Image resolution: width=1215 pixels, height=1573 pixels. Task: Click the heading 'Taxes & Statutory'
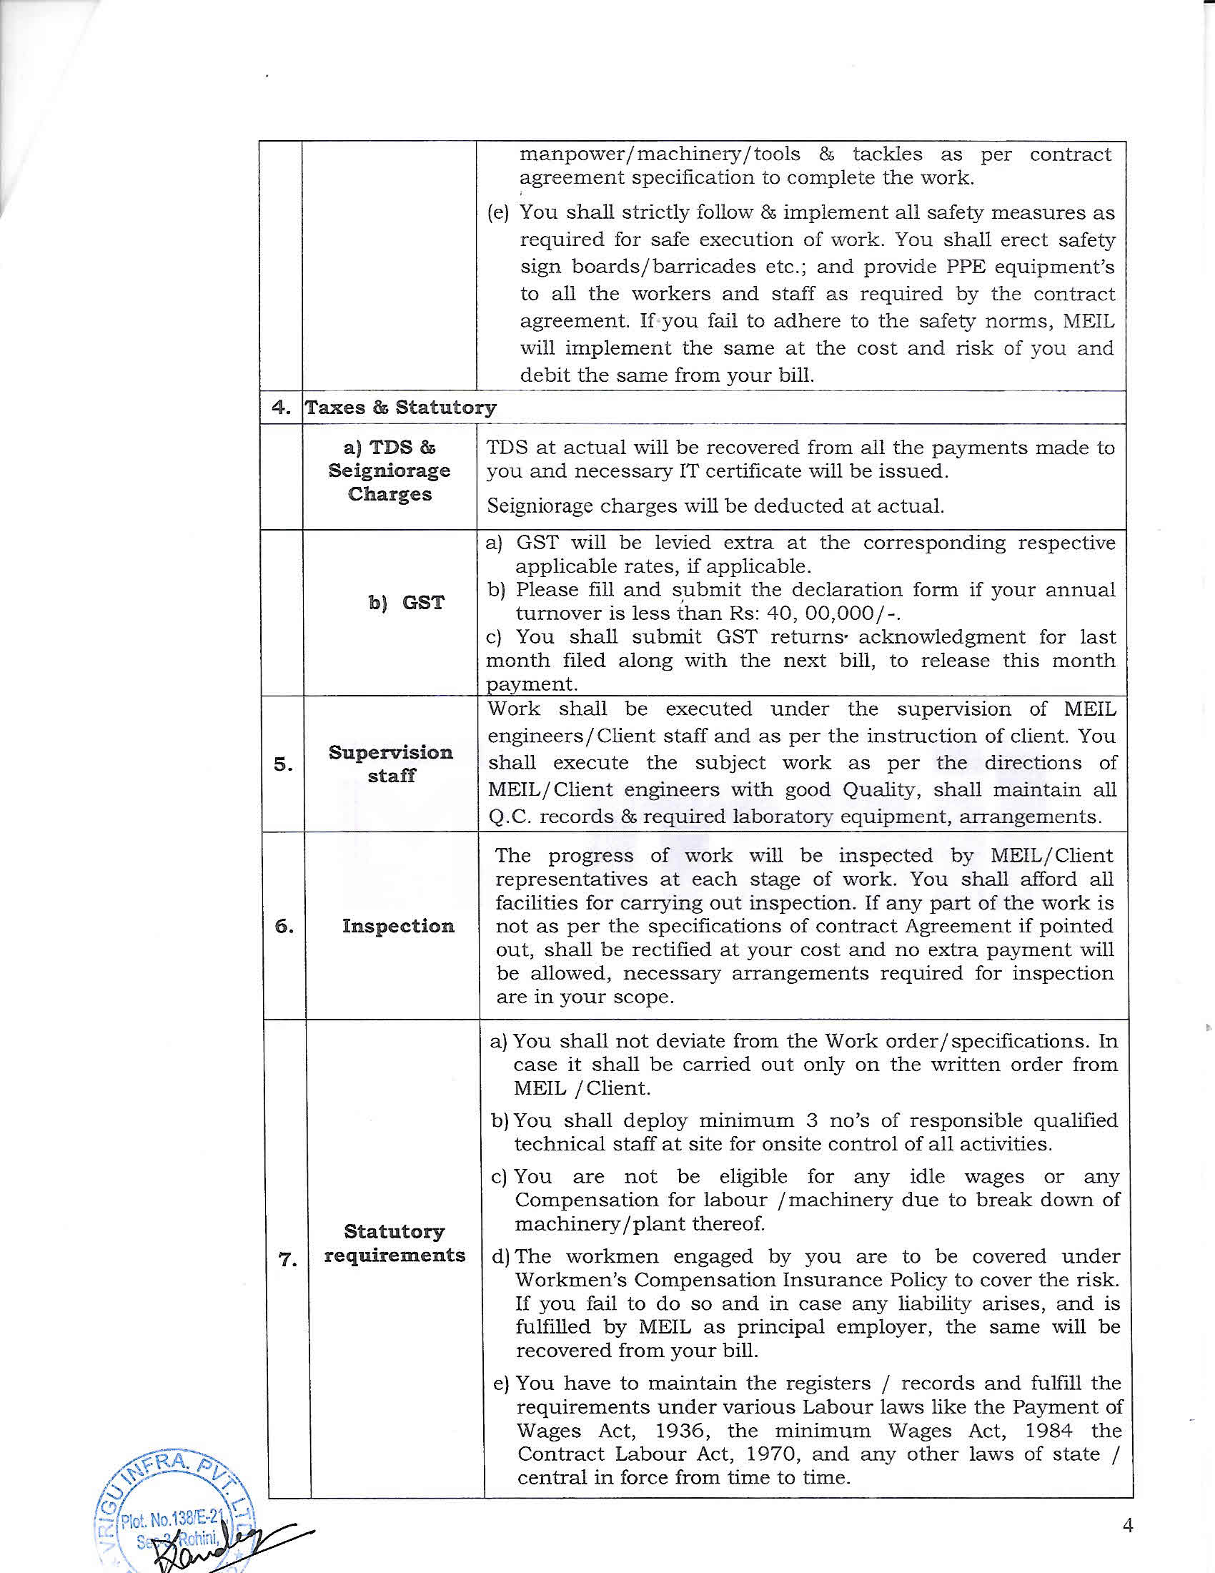(400, 408)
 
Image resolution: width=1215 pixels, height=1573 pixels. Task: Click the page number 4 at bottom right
(1128, 1526)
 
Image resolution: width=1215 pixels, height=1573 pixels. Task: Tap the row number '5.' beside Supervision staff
(283, 764)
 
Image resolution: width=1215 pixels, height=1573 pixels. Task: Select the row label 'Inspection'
(398, 925)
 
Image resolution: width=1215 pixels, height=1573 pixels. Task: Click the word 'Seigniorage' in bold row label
(390, 470)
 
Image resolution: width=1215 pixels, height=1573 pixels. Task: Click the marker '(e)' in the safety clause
(498, 213)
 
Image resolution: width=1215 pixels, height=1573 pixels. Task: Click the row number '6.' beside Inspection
(284, 926)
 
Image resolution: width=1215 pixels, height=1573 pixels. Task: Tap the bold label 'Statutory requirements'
(395, 1243)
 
